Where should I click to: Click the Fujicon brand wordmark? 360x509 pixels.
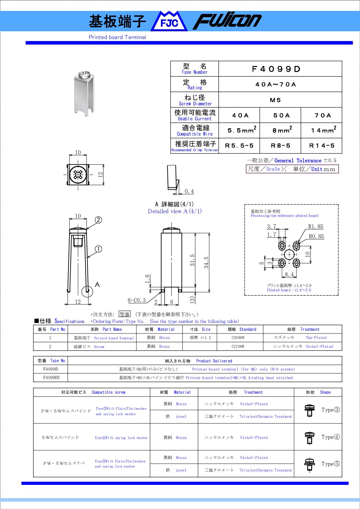click(227, 21)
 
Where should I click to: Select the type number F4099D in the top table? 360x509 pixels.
click(276, 69)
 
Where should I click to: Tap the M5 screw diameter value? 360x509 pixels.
click(275, 100)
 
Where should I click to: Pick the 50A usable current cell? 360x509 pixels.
click(281, 116)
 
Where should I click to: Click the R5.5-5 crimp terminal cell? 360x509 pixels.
click(239, 146)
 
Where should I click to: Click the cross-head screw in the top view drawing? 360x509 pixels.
click(78, 175)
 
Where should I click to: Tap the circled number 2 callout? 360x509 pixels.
click(98, 220)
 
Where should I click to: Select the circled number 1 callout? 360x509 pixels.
click(98, 249)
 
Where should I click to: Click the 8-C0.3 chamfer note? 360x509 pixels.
click(137, 300)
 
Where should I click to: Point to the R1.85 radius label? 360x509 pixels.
click(315, 227)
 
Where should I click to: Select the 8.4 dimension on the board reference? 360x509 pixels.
click(289, 274)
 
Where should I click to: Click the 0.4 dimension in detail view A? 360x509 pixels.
click(189, 191)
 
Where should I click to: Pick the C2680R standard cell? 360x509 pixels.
click(238, 338)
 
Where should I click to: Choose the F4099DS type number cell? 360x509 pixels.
click(51, 378)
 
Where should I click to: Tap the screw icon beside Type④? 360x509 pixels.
click(309, 437)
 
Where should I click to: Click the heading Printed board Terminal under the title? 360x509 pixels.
click(117, 37)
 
